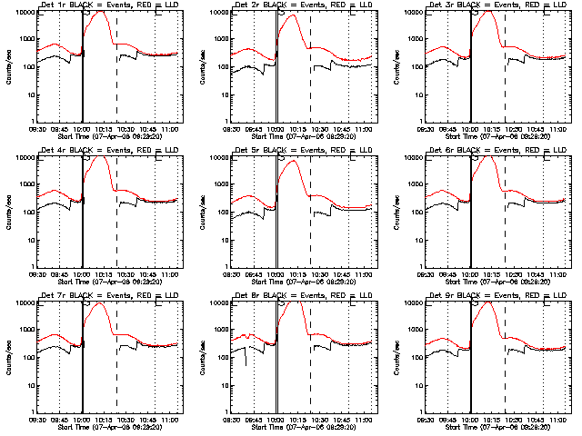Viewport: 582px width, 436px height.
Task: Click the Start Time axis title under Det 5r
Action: click(302, 282)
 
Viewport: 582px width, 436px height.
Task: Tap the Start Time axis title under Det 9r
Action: click(497, 427)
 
